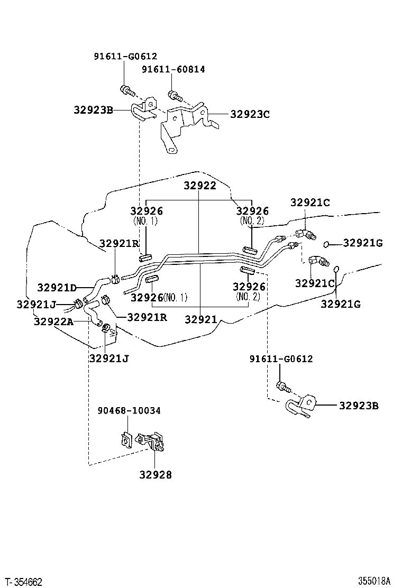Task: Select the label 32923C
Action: (250, 113)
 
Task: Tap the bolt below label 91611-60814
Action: (174, 96)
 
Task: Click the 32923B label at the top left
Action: (94, 110)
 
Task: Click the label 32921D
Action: (57, 288)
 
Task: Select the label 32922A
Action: (53, 321)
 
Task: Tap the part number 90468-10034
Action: (129, 410)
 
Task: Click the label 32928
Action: (156, 475)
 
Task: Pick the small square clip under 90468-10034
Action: (126, 439)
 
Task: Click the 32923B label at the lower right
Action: (359, 406)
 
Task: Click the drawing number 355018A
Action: (373, 581)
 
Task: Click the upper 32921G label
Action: (363, 243)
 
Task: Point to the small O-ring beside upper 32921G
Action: (327, 244)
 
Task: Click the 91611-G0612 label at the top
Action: (125, 56)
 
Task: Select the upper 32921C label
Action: (310, 203)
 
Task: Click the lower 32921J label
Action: (108, 359)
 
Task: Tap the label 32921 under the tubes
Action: (200, 319)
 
